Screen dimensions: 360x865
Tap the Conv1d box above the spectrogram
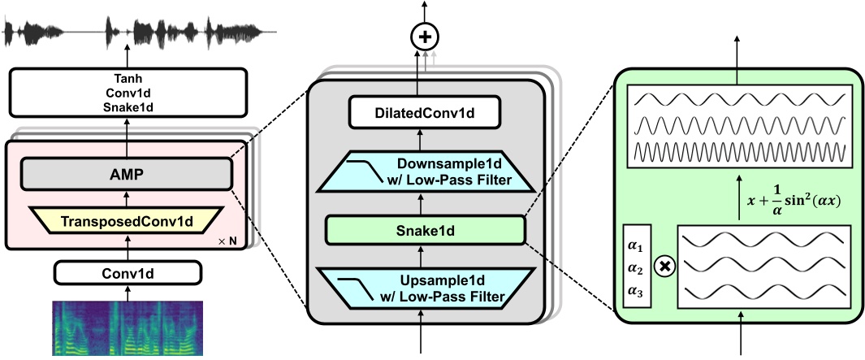pos(127,271)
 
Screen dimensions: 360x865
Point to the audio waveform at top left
pos(138,33)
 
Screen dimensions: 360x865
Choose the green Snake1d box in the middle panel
pos(422,231)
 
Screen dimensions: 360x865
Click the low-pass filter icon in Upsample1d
pos(361,284)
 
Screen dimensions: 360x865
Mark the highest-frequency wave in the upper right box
pos(739,152)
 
